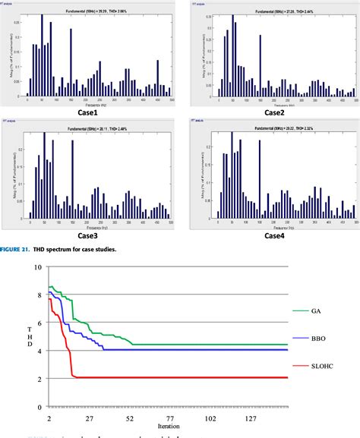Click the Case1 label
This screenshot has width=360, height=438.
tap(88, 112)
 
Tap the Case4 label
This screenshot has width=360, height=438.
tap(268, 215)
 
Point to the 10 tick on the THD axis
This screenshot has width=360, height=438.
tap(37, 267)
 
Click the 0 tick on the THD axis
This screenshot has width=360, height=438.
tap(39, 407)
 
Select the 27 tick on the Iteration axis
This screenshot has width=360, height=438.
tap(89, 418)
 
